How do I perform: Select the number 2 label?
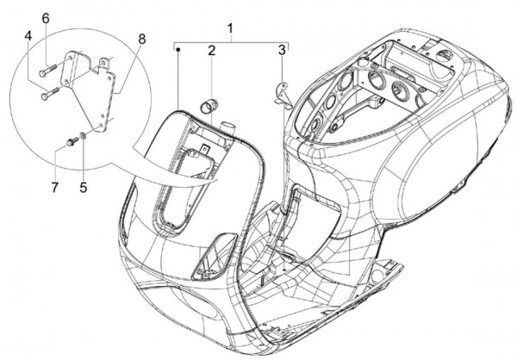point(210,52)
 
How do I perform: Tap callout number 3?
point(281,52)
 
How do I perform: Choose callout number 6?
point(46,18)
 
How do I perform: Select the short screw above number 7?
point(70,140)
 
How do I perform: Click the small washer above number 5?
point(82,135)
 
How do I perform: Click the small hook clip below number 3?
point(280,90)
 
